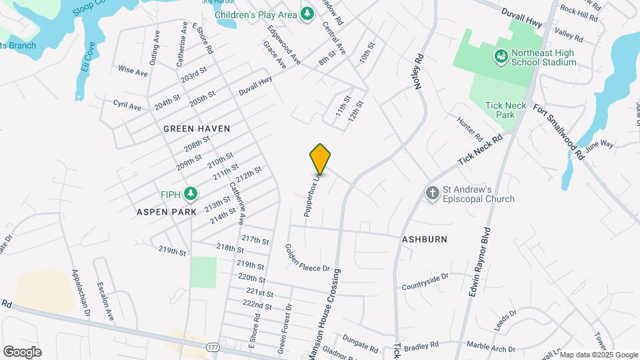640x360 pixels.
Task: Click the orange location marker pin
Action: [x=321, y=159]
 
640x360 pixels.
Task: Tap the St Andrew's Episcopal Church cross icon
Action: [x=433, y=193]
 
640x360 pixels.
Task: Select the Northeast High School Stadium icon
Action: [x=501, y=57]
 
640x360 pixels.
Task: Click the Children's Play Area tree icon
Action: [x=307, y=14]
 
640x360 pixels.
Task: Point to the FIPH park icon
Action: [x=191, y=193]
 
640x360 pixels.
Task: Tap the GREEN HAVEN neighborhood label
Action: [x=197, y=129]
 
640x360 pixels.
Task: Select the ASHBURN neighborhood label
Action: [x=424, y=239]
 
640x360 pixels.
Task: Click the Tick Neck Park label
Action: [x=501, y=110]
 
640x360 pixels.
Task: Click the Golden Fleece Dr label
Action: [x=307, y=258]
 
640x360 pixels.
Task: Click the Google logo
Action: [x=22, y=352]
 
